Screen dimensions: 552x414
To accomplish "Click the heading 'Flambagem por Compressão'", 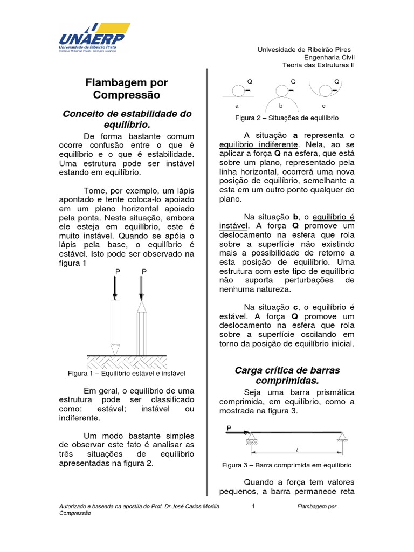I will [127, 88].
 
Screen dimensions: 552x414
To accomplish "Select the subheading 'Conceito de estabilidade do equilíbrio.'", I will [127, 119].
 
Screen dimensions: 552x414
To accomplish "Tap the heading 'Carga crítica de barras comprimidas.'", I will [287, 376].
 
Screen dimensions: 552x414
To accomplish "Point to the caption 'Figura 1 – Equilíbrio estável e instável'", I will [127, 372].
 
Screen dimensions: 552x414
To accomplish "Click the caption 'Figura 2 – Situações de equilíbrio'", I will [287, 118].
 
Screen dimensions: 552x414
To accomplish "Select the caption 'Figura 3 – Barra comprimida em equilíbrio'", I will [287, 464].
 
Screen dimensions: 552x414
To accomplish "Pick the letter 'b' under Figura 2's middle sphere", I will [281, 106].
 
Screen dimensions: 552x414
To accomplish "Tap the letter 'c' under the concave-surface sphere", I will [324, 106].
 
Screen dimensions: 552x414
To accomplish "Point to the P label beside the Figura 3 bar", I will [229, 427].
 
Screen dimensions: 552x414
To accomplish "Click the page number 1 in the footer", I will [253, 507].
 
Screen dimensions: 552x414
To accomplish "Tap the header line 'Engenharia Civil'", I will [329, 57].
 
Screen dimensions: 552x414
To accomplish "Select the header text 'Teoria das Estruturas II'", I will [319, 65].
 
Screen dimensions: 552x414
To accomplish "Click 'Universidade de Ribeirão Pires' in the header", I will [304, 49].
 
